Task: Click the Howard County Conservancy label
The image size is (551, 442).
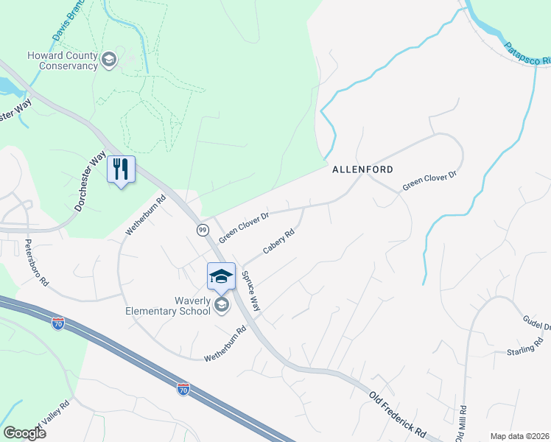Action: click(63, 60)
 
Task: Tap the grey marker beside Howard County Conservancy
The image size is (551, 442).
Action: click(109, 60)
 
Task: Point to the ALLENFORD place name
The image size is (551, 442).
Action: click(362, 169)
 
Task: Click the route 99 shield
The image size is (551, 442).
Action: click(202, 231)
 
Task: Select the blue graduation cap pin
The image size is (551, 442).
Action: click(221, 277)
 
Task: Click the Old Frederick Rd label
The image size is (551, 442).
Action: click(398, 412)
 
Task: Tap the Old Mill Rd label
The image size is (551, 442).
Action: click(462, 423)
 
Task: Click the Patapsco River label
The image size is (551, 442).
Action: click(527, 54)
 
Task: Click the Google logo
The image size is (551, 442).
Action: click(24, 432)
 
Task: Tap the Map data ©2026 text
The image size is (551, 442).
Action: click(519, 436)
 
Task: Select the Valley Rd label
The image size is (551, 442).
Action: click(55, 424)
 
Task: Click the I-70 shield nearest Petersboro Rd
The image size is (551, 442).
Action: click(58, 323)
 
